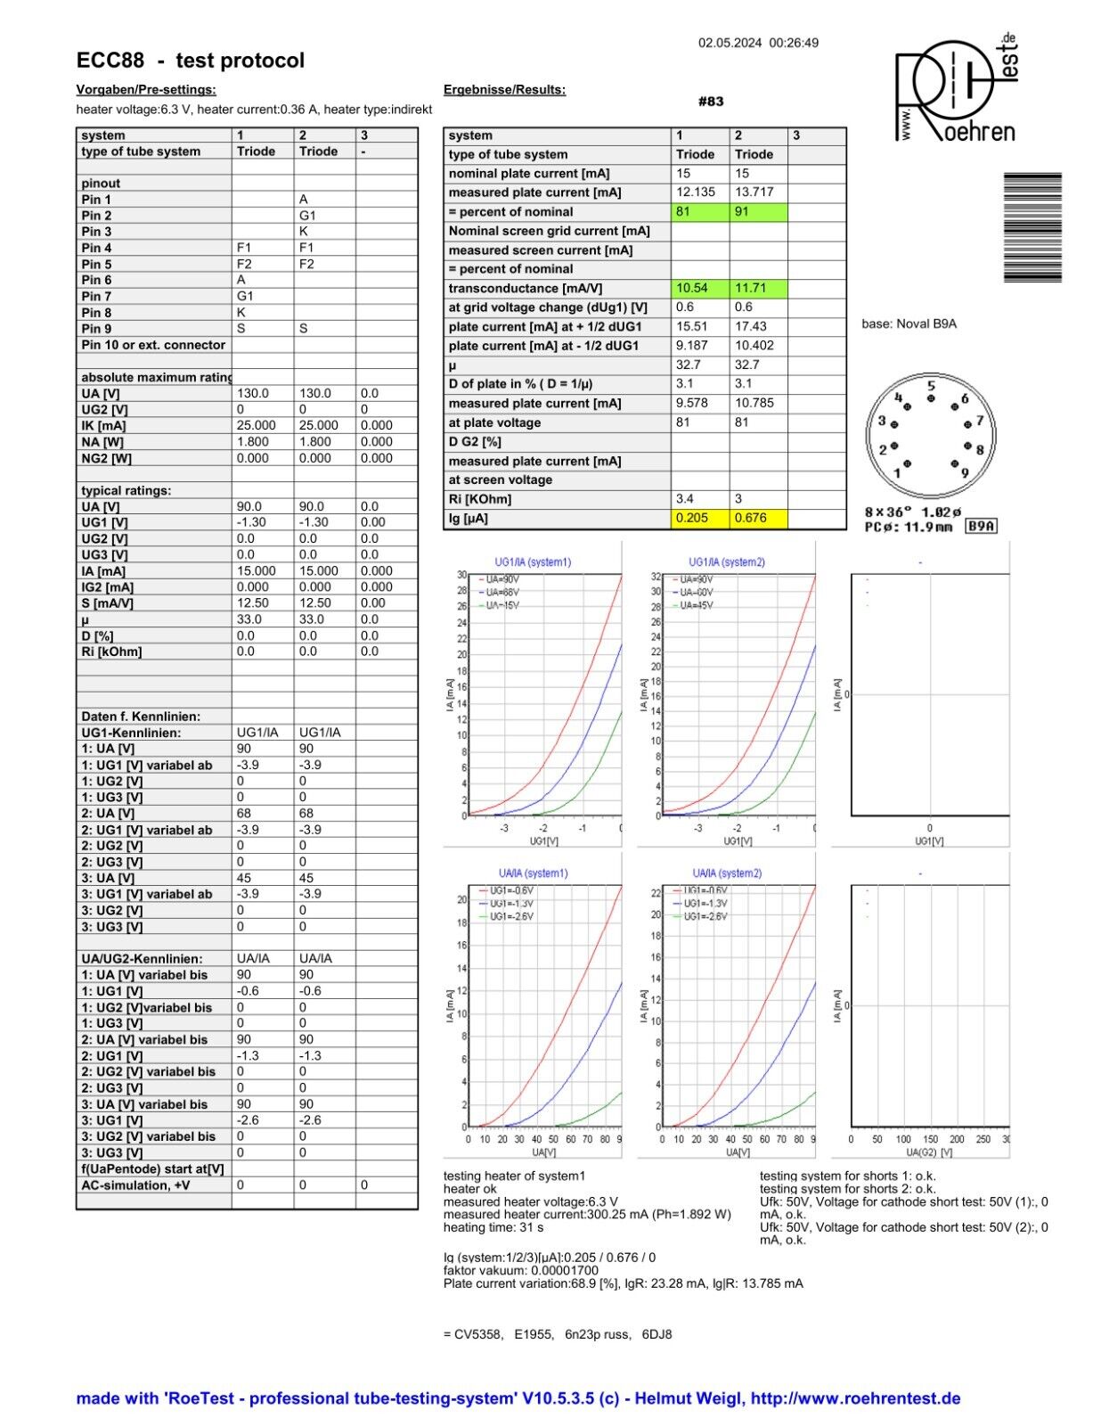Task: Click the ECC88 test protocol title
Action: pos(190,61)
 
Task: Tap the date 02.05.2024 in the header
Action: pos(730,43)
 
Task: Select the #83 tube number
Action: pos(711,102)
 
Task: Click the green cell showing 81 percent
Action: pos(699,212)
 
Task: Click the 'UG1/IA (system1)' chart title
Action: pos(533,562)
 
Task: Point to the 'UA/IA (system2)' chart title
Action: pos(727,873)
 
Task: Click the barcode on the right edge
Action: pos(1032,228)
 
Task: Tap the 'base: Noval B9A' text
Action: pos(909,324)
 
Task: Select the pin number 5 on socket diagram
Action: pos(931,387)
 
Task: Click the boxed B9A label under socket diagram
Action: pos(982,527)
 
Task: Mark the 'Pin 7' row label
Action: pos(96,296)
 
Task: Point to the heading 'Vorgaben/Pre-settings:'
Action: pos(146,90)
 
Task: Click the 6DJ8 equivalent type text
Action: pos(657,1334)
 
